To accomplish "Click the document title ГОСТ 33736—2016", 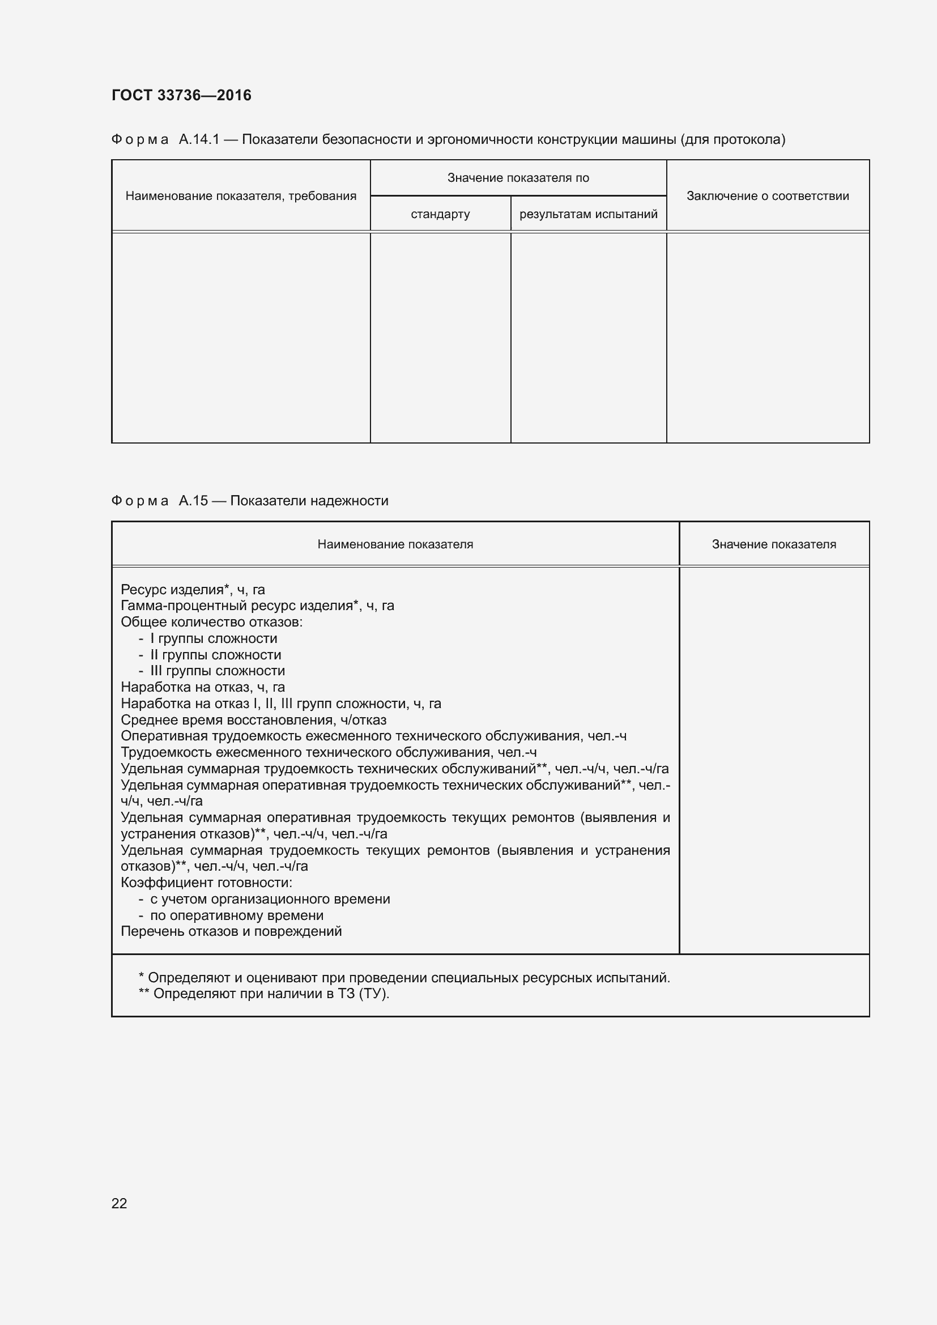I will click(x=181, y=95).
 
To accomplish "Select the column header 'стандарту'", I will click(x=440, y=214).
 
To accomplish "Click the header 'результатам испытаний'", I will click(x=588, y=214).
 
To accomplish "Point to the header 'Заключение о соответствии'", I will click(x=768, y=196).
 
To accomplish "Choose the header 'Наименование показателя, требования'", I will click(x=241, y=196).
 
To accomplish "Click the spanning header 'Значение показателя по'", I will click(x=518, y=178).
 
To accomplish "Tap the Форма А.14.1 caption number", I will click(x=199, y=139).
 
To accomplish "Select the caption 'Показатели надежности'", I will click(x=309, y=501).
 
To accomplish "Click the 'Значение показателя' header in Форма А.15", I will click(x=774, y=544).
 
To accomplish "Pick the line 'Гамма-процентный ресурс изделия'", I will click(x=257, y=606).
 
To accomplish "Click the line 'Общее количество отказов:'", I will click(x=212, y=622).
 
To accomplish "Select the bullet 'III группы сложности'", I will click(x=218, y=671).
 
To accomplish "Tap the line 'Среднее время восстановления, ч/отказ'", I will click(x=253, y=720).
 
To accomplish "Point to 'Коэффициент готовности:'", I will click(x=207, y=883).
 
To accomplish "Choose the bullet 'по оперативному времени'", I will click(x=237, y=915).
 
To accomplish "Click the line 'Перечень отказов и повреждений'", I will click(x=231, y=931).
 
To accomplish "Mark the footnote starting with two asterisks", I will click(x=263, y=994).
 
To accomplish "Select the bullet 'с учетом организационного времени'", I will click(x=270, y=899).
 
